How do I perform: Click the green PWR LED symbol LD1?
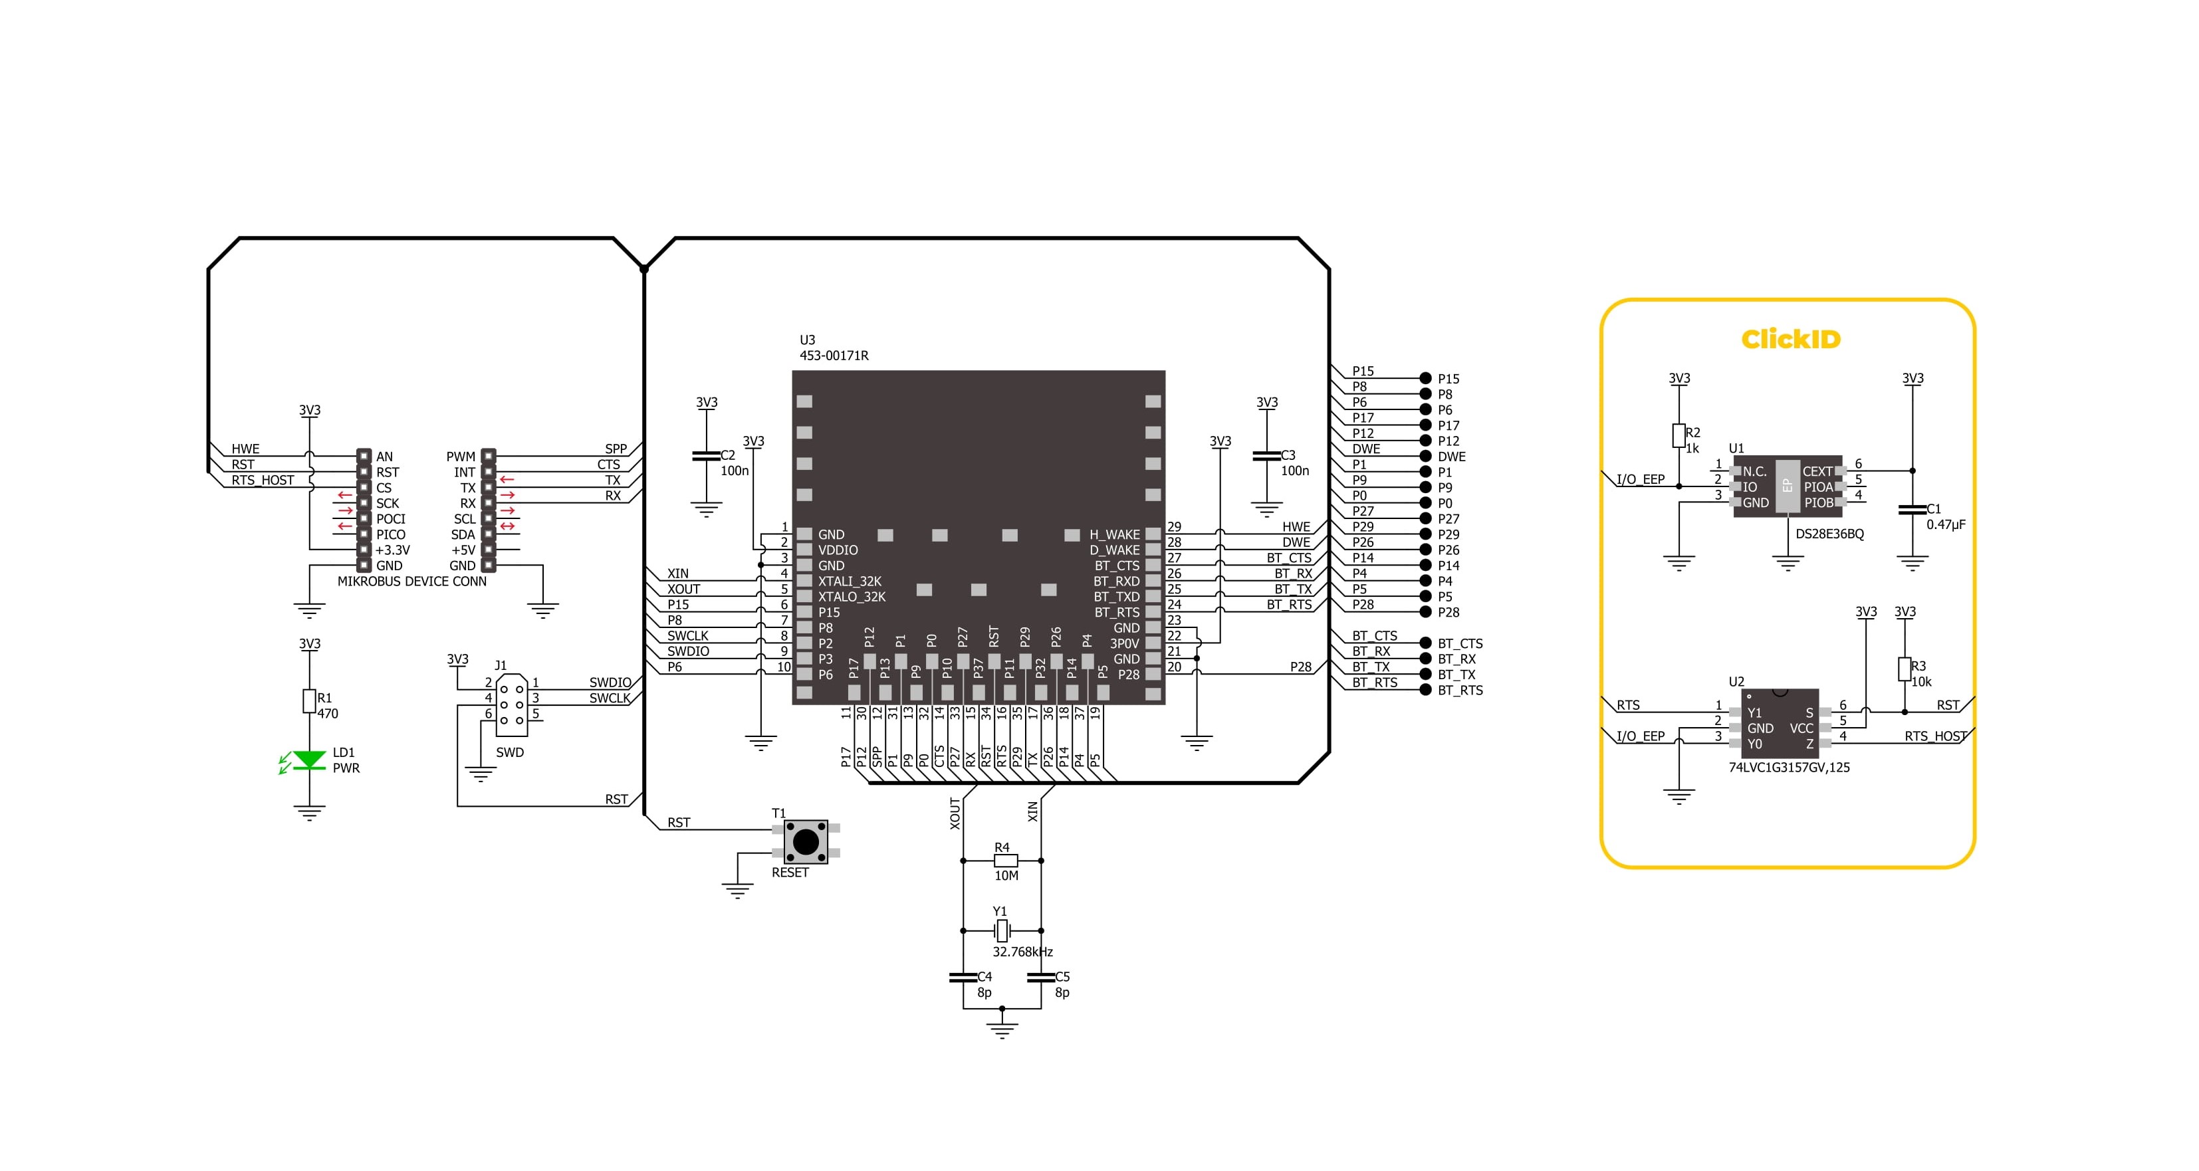[308, 760]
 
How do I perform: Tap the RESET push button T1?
[805, 841]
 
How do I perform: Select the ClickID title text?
[1790, 340]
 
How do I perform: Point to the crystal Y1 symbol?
[1002, 930]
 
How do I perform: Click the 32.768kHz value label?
[1022, 952]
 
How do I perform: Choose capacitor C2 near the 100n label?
[706, 456]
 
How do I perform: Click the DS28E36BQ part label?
[1829, 534]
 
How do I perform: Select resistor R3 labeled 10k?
[1904, 669]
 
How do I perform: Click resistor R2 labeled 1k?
[1678, 436]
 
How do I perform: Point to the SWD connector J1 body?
[511, 705]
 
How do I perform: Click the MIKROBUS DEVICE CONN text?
[411, 582]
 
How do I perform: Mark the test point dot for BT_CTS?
[1425, 643]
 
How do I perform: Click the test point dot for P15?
[1425, 378]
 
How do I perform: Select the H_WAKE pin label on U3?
[1114, 535]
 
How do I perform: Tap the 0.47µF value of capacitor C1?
[1946, 525]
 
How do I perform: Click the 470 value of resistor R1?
[328, 714]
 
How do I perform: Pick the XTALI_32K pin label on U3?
[850, 582]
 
